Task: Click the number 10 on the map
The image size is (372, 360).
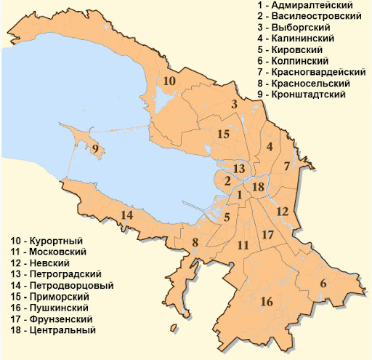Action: [169, 81]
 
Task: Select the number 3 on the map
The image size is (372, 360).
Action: [234, 105]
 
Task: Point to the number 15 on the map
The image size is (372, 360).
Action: [223, 135]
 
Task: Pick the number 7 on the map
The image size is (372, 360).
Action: [286, 166]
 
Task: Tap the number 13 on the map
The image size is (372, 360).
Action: [238, 168]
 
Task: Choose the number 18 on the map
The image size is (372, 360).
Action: [256, 188]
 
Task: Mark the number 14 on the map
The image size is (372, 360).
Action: [126, 215]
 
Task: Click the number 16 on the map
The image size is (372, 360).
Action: [266, 301]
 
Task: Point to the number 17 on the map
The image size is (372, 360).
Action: [267, 234]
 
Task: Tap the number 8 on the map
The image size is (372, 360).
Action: [195, 242]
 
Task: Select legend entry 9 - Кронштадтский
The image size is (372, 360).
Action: [306, 95]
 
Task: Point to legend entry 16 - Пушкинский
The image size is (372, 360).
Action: [50, 308]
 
